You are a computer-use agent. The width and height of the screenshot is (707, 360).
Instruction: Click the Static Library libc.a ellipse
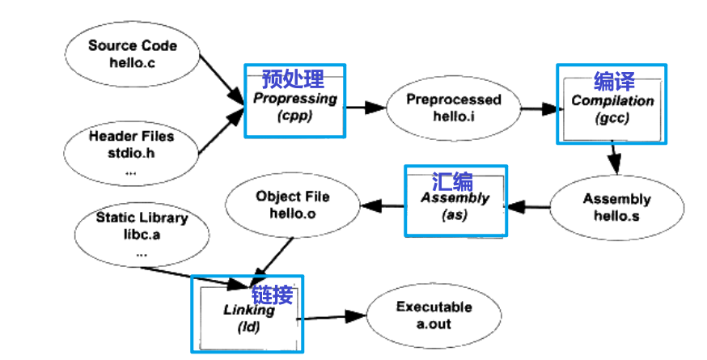coord(142,233)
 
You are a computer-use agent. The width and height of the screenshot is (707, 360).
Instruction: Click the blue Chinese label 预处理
coord(293,79)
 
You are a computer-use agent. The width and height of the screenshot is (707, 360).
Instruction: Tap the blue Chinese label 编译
coord(614,81)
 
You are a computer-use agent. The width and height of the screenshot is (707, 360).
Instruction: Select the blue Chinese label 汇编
coord(452,181)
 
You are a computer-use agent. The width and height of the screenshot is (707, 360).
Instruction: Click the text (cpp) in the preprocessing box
coord(295,115)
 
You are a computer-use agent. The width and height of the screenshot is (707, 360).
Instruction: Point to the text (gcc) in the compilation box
coord(612,118)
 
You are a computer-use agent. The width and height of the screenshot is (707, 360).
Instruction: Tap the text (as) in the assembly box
coord(455,215)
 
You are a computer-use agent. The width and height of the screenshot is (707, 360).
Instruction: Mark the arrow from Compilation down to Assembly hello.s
coord(616,159)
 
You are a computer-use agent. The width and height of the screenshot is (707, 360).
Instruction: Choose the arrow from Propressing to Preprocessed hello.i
coord(365,106)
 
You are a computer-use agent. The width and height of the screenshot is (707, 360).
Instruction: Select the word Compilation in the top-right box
coord(612,101)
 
